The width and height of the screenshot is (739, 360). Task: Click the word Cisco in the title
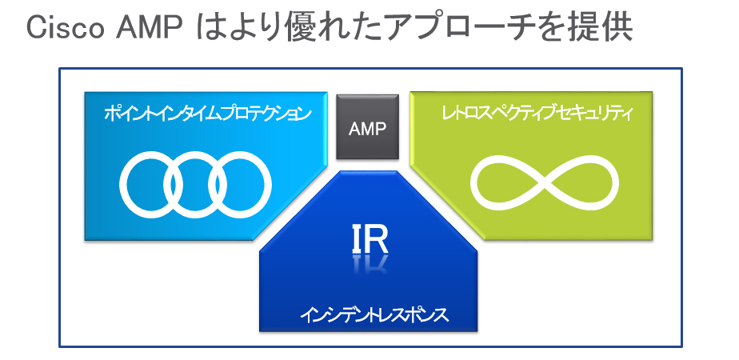click(66, 29)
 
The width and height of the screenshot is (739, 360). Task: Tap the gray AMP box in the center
click(368, 126)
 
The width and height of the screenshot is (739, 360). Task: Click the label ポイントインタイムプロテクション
click(208, 114)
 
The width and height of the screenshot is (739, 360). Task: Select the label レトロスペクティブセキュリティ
click(537, 114)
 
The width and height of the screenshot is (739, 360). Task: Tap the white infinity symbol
click(545, 182)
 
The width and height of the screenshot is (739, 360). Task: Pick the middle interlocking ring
click(195, 152)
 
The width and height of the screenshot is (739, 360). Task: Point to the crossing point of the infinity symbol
click(545, 182)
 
